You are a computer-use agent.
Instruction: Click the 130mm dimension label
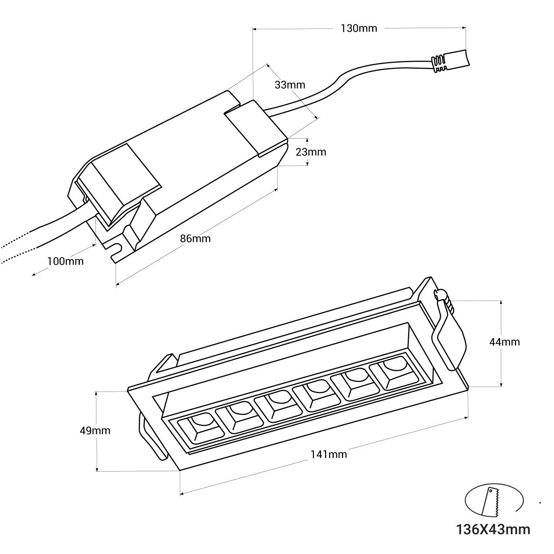[x=359, y=28]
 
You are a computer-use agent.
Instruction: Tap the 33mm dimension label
[x=290, y=85]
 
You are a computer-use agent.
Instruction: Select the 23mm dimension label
[x=311, y=152]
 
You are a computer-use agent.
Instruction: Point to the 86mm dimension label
[x=195, y=239]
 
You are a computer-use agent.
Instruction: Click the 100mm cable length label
[x=65, y=261]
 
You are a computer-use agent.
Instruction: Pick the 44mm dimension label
[x=505, y=342]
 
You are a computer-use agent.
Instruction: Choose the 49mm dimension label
[x=95, y=431]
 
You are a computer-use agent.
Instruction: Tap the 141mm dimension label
[x=328, y=454]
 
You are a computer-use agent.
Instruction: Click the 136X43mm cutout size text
[x=493, y=529]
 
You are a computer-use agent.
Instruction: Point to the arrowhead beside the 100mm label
[x=34, y=274]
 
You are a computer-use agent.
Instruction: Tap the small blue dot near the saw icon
[x=540, y=503]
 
